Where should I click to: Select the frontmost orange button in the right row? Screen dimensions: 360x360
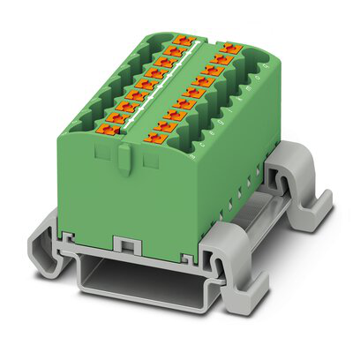[153, 136]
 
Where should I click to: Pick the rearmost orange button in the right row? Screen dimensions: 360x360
[231, 47]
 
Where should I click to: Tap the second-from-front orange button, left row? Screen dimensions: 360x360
[117, 119]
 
